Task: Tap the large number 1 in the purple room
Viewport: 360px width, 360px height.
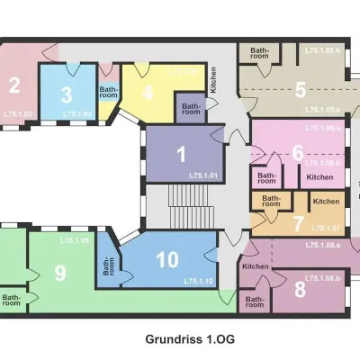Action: click(181, 153)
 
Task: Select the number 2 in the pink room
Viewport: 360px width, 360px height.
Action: click(14, 86)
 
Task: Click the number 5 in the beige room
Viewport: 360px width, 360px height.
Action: click(301, 90)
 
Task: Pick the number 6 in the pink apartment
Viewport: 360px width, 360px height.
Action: click(298, 153)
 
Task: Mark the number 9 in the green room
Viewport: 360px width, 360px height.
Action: click(61, 272)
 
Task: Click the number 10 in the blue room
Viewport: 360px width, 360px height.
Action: click(167, 260)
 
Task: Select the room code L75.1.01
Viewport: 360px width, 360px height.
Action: click(204, 174)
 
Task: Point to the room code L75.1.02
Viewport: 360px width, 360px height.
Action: click(17, 114)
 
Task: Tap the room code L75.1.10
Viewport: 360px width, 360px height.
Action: click(198, 282)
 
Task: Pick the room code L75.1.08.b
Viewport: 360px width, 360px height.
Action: click(322, 278)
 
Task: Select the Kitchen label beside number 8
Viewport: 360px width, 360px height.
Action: click(256, 266)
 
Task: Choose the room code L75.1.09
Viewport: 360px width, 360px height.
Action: click(75, 241)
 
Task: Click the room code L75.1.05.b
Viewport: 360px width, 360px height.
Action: click(322, 50)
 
